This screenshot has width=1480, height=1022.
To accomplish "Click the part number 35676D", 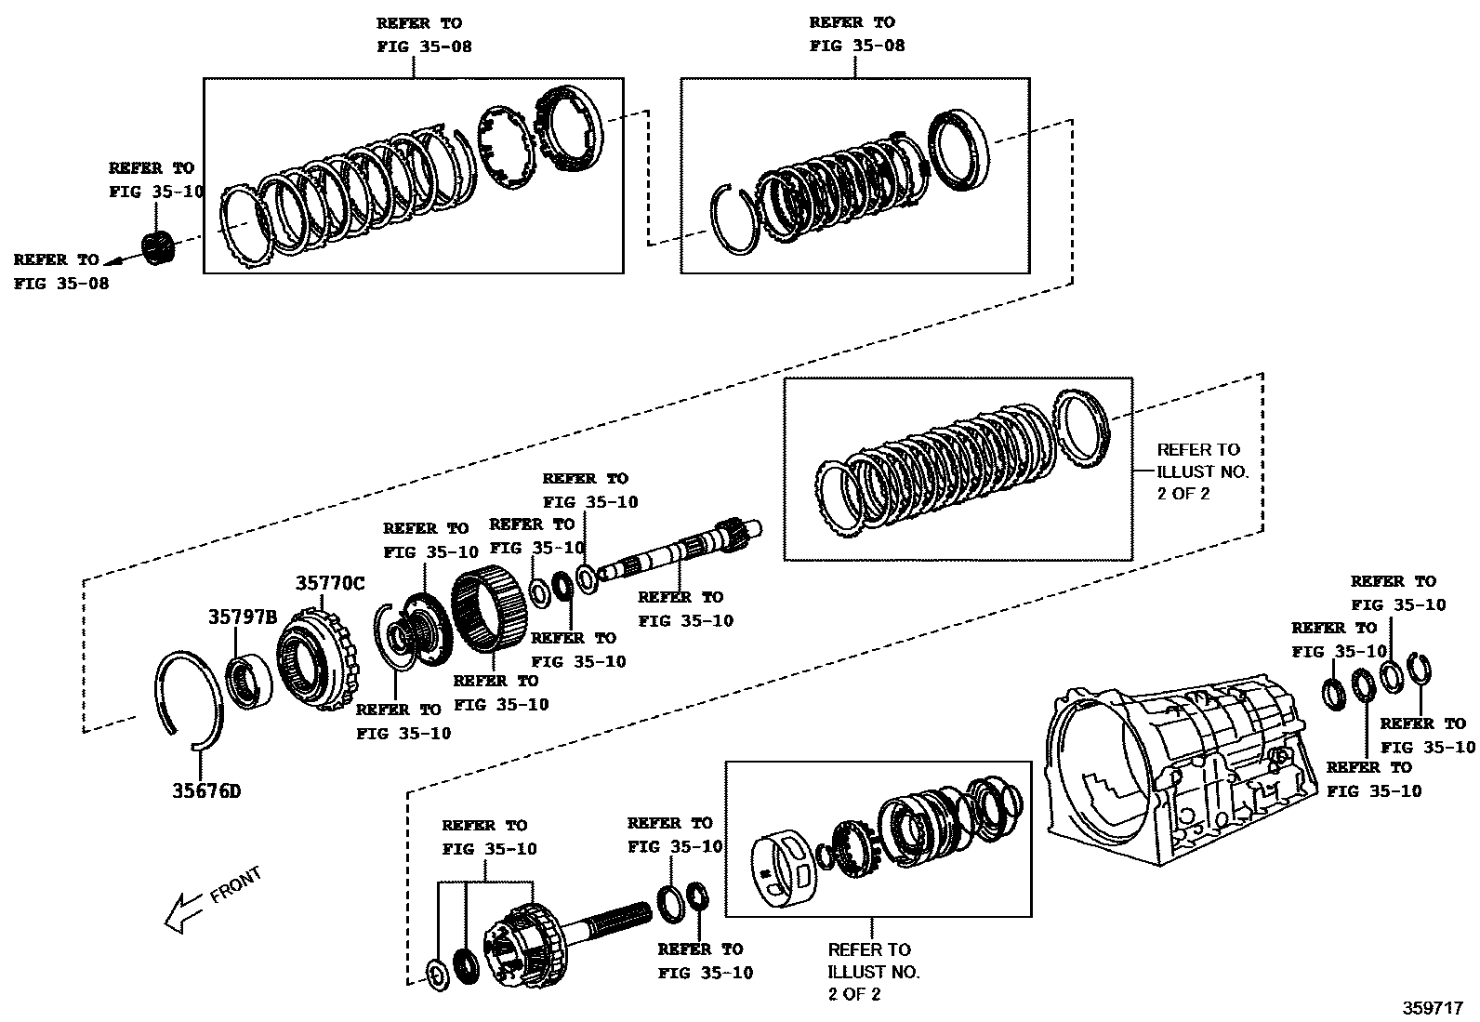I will [205, 791].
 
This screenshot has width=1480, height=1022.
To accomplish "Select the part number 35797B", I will [242, 617].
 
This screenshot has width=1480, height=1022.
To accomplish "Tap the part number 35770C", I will [330, 584].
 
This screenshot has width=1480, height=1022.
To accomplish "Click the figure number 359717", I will [1433, 1007].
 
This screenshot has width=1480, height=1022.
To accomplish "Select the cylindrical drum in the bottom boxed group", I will [782, 869].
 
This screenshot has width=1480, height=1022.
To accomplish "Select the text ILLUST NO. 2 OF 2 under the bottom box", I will [873, 972].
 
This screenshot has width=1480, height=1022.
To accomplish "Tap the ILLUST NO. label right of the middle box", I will [1202, 471].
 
